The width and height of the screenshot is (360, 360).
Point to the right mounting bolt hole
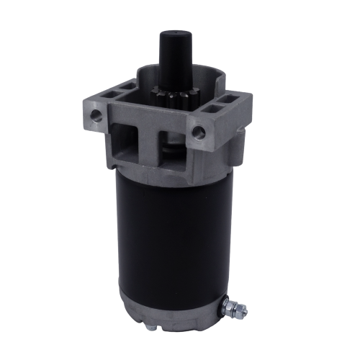[199, 132]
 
